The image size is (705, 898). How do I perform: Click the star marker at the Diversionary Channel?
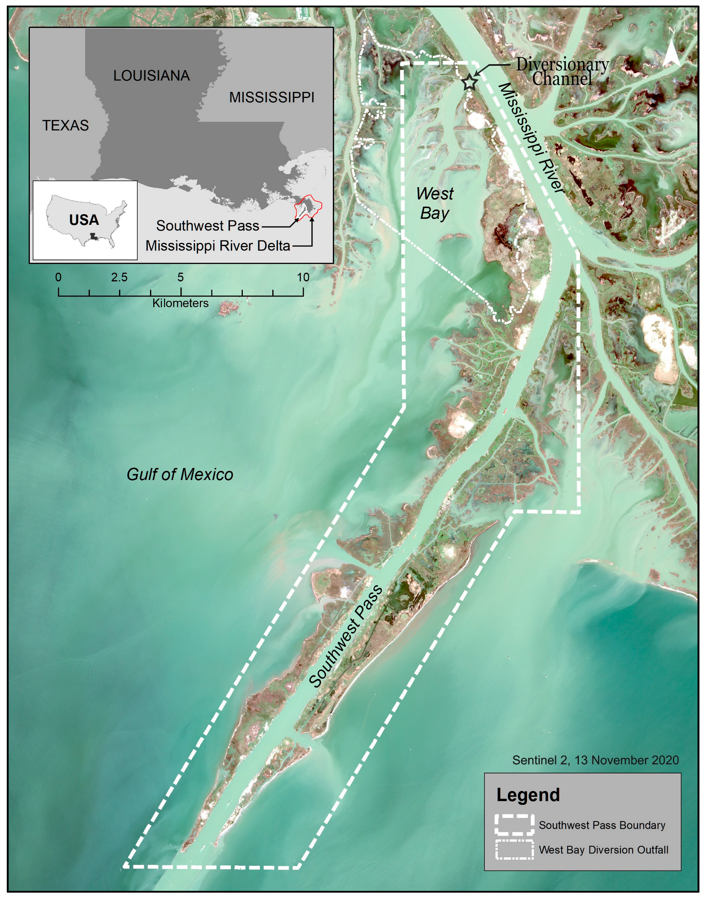pos(469,82)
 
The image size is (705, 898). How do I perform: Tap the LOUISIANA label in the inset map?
pos(152,76)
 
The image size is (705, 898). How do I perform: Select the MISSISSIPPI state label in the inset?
pos(271,98)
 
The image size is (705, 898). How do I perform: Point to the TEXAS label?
pos(65,125)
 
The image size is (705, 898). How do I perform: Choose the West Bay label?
pos(435,203)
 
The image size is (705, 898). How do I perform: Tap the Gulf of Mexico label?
pos(180,474)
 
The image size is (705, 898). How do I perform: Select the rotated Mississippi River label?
pos(531,138)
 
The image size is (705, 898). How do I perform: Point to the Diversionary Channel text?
pos(562,71)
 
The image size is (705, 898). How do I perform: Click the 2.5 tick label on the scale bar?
pos(119,277)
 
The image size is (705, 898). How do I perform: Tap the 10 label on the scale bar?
pos(303,277)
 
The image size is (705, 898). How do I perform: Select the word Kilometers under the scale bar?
pos(180,303)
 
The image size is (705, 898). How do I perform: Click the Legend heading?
pos(528,795)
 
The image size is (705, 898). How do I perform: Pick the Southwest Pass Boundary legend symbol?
pos(514,825)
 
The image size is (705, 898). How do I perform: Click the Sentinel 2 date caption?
pos(595,760)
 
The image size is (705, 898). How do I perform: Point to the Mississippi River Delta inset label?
pos(217,246)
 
